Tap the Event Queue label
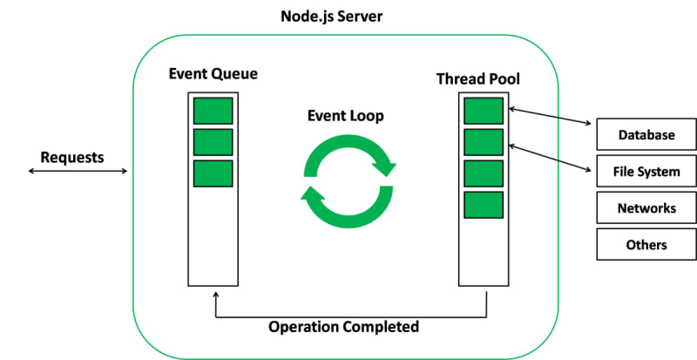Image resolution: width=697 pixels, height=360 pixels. point(213,72)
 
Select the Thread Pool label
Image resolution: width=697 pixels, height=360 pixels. point(477,79)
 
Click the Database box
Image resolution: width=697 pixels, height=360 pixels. point(646,135)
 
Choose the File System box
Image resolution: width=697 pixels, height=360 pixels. point(646,172)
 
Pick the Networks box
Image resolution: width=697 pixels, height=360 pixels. point(646,208)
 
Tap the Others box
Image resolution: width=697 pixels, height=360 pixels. point(646,244)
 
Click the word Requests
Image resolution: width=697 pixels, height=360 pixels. point(72,158)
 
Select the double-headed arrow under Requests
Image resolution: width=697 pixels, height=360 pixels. point(78,171)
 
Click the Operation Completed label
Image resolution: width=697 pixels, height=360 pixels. point(343,327)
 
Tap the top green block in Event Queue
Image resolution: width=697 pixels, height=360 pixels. point(213,111)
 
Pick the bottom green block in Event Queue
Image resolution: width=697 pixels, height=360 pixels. point(213,173)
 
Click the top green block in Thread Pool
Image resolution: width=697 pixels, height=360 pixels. point(484,112)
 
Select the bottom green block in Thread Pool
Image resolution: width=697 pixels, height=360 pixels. point(484,205)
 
